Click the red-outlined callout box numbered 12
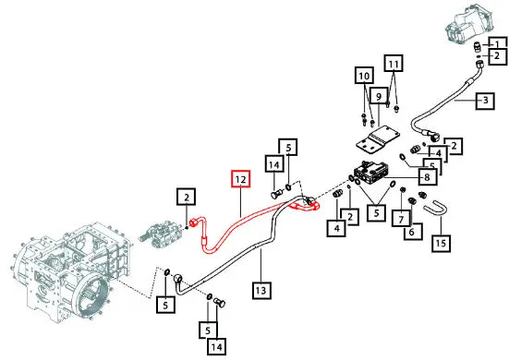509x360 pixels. pyautogui.click(x=240, y=179)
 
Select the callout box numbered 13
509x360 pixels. pyautogui.click(x=261, y=290)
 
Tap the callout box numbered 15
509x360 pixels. pyautogui.click(x=441, y=242)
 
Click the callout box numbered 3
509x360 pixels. pyautogui.click(x=485, y=101)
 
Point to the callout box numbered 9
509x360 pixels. pyautogui.click(x=379, y=96)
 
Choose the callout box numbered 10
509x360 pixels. pyautogui.click(x=364, y=76)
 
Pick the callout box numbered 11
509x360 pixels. pyautogui.click(x=394, y=64)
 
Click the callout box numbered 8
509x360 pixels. pyautogui.click(x=427, y=177)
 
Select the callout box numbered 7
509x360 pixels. pyautogui.click(x=401, y=219)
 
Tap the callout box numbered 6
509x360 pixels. pyautogui.click(x=413, y=232)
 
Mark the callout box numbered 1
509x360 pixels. pyautogui.click(x=498, y=43)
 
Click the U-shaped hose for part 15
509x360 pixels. pyautogui.click(x=436, y=209)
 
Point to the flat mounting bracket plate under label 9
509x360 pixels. pyautogui.click(x=378, y=138)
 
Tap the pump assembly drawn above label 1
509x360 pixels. pyautogui.click(x=467, y=23)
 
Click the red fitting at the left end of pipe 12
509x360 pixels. pyautogui.click(x=194, y=222)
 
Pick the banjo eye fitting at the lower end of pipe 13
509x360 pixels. pyautogui.click(x=178, y=278)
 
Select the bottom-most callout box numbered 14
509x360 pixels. pyautogui.click(x=216, y=347)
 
